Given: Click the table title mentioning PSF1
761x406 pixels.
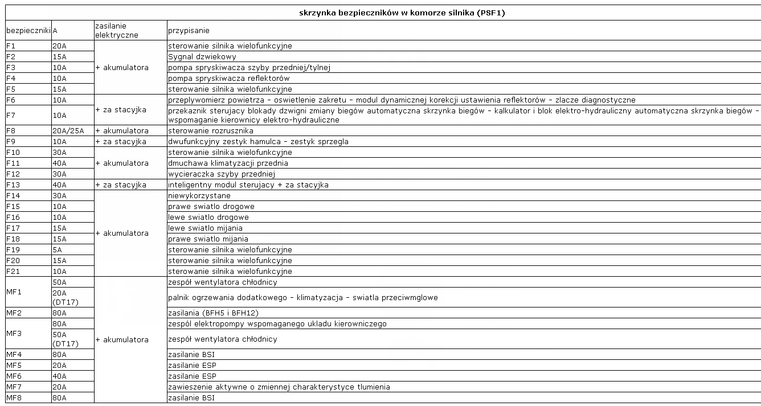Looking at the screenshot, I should (x=402, y=13).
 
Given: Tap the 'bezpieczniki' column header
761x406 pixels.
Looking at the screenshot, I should (x=28, y=30).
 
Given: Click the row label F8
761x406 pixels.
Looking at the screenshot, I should (x=11, y=131).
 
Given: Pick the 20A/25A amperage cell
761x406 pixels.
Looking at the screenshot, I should (x=68, y=131).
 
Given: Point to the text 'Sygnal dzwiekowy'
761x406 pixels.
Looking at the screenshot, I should (x=202, y=57).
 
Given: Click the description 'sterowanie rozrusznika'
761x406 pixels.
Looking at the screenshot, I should (x=210, y=131).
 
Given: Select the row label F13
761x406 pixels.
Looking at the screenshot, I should (x=13, y=185).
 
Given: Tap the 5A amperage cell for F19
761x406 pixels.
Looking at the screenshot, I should (x=58, y=250).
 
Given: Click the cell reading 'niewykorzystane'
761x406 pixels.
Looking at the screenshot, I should (x=199, y=196).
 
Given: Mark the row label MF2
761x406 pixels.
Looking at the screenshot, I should (x=14, y=313).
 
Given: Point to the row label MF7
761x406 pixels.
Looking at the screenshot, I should (x=14, y=387).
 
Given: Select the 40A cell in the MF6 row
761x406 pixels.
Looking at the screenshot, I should (x=59, y=376).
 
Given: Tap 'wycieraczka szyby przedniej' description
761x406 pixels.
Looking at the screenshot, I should (x=222, y=174).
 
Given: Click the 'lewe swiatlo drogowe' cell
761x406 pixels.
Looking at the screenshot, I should (x=208, y=218).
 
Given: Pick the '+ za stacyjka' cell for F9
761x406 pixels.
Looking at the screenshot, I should (x=121, y=142).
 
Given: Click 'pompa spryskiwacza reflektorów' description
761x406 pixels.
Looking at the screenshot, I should (x=228, y=79).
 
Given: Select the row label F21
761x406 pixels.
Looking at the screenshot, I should (x=13, y=272).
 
